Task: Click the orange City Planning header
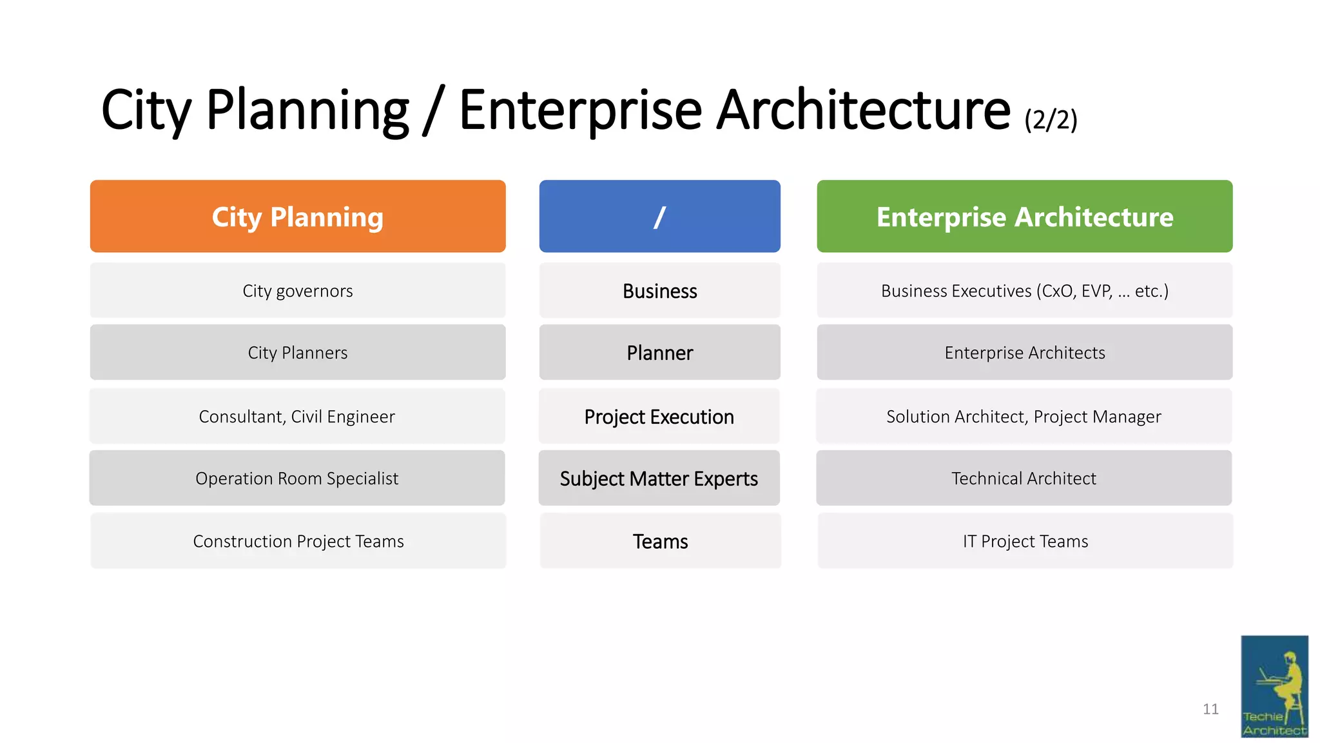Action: pos(298,217)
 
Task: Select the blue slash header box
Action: pos(659,217)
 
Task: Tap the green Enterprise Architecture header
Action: pos(1024,217)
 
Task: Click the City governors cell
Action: pos(298,291)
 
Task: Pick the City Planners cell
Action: pos(298,353)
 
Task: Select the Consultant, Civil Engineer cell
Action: pos(297,417)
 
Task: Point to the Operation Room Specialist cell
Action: pos(297,479)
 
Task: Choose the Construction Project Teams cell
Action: pos(298,541)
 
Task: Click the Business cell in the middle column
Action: pos(659,291)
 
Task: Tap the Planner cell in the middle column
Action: pos(659,353)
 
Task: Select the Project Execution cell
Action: pos(659,417)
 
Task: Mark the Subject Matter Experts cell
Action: pos(659,479)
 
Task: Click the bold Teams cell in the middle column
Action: pos(660,541)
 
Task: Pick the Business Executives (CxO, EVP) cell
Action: pos(1024,291)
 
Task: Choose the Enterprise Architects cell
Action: pos(1024,353)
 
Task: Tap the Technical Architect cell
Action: pos(1024,479)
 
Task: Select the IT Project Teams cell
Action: pos(1025,541)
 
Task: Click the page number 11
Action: pos(1210,709)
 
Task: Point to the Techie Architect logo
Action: pos(1274,686)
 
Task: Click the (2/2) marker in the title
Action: pos(1051,120)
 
